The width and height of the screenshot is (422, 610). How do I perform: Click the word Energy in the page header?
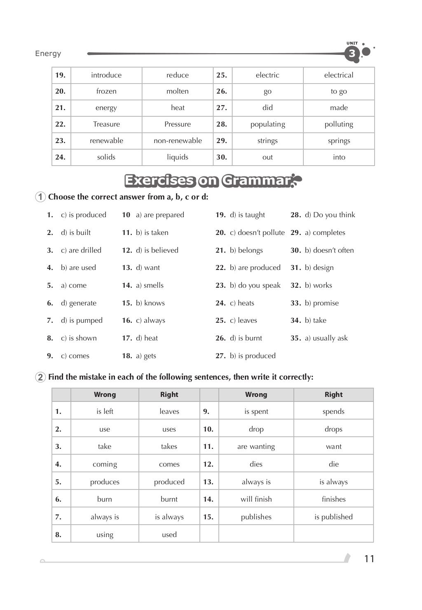point(48,54)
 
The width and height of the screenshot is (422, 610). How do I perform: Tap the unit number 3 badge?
point(352,54)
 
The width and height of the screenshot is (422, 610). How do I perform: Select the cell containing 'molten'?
point(177,91)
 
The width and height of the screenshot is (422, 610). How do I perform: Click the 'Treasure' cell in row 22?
point(106,124)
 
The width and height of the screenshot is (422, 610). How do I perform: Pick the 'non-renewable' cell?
point(178,141)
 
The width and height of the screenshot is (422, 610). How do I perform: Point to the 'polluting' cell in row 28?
point(339,124)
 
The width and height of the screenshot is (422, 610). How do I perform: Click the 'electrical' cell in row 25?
point(339,75)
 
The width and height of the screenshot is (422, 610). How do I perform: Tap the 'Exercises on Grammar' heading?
point(208,181)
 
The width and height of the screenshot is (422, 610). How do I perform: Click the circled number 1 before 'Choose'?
point(40,197)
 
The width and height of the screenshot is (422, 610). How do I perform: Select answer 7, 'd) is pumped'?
point(82,320)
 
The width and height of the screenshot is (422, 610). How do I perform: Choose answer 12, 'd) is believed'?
point(157,250)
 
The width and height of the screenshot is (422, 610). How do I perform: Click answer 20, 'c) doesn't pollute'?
point(257,232)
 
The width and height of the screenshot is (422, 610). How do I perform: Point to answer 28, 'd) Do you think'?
point(330,215)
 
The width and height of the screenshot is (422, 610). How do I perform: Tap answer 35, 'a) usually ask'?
point(326,338)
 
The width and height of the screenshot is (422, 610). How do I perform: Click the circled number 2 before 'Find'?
point(40,377)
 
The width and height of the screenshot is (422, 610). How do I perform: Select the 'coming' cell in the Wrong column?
point(105,464)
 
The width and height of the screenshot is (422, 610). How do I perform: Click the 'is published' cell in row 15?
point(333,517)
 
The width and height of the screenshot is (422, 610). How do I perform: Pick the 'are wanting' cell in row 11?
point(256,446)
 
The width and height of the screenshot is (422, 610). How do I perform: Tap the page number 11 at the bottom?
point(369,559)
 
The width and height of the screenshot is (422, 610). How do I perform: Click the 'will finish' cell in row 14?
point(256,499)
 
